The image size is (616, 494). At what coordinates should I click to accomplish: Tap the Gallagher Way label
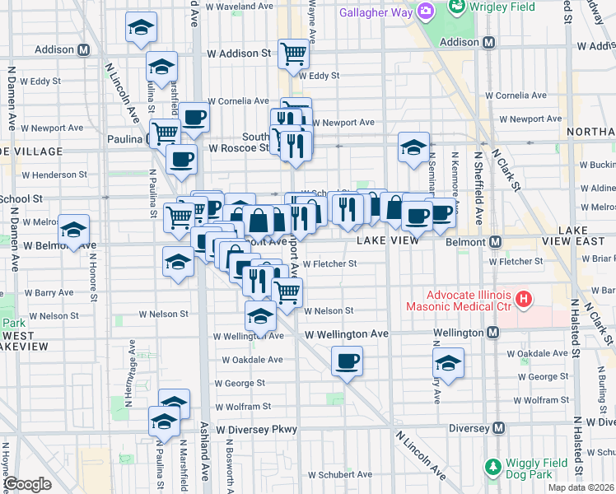tap(378, 13)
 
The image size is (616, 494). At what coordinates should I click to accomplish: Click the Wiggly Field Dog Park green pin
tap(492, 467)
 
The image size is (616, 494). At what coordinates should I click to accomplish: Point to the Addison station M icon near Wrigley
tap(488, 42)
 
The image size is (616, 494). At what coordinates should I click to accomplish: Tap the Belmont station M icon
tap(496, 243)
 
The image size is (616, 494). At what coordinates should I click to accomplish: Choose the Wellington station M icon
tap(492, 333)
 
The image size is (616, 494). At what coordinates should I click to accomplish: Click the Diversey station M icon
tap(498, 429)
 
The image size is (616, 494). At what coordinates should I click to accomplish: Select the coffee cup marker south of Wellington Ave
tap(347, 361)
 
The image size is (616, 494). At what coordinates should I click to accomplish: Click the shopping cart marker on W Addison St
tap(293, 54)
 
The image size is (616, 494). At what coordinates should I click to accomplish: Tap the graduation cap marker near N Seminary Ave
tap(413, 147)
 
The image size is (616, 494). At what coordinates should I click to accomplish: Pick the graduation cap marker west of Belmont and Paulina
tap(74, 230)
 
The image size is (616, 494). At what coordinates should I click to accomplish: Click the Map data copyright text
tap(580, 487)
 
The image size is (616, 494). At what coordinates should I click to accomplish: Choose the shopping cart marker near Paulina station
tap(165, 133)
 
